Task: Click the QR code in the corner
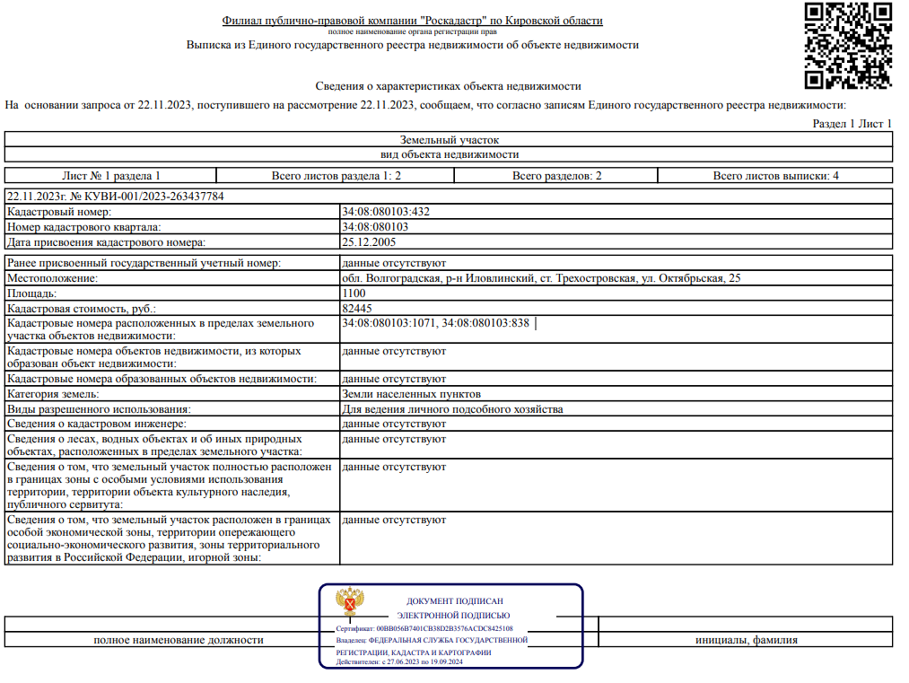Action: (x=848, y=46)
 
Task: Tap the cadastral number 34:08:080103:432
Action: (x=386, y=213)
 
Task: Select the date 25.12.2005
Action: (x=368, y=242)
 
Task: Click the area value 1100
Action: (x=354, y=293)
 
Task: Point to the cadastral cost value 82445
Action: (x=357, y=308)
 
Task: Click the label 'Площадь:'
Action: (x=32, y=293)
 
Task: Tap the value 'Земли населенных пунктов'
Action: (x=411, y=394)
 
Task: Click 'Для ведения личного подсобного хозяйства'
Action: (x=452, y=409)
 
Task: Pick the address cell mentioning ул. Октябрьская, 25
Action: (x=541, y=278)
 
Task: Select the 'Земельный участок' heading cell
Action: (x=449, y=140)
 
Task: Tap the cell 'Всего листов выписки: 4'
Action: (x=775, y=176)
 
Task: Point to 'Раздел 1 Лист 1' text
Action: (x=852, y=124)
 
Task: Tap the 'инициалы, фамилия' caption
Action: (x=746, y=640)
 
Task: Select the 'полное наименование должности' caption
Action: (x=179, y=640)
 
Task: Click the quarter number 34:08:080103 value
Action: (x=375, y=227)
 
